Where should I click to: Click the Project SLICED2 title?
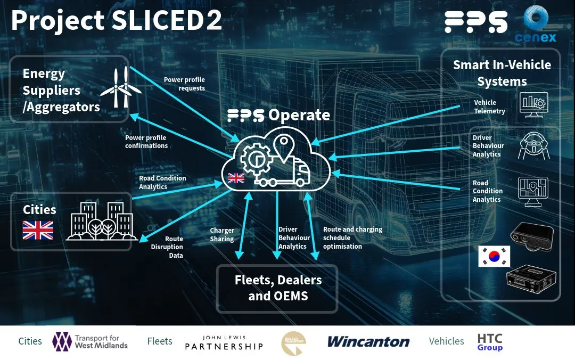(116, 21)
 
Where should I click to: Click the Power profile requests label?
(184, 84)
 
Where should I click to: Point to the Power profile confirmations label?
(146, 142)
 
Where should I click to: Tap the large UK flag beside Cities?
(38, 230)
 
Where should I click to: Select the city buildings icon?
(101, 221)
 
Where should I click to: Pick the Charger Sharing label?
(222, 235)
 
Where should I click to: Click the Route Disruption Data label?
(167, 247)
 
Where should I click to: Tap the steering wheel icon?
(532, 146)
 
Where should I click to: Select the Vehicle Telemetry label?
(489, 107)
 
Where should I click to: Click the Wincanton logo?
(368, 341)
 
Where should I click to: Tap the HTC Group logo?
(490, 342)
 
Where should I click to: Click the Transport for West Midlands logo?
(91, 341)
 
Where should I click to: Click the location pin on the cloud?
(284, 146)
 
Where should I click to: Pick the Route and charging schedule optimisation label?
(352, 238)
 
